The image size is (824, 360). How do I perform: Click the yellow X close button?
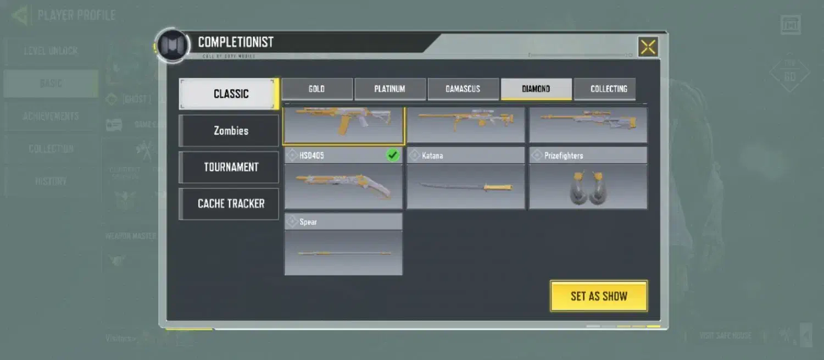click(648, 47)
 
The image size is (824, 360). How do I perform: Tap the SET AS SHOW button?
click(599, 296)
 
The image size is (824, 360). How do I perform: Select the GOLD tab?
click(317, 89)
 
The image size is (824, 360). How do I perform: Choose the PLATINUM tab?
click(390, 89)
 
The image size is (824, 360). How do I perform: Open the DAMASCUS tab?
click(463, 89)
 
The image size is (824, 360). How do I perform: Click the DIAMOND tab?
click(536, 89)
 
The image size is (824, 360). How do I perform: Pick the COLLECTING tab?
click(609, 89)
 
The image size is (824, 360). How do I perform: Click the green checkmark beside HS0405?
click(393, 156)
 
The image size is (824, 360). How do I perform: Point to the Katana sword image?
click(466, 187)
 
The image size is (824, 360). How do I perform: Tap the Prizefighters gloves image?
click(588, 189)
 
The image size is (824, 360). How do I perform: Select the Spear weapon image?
click(343, 253)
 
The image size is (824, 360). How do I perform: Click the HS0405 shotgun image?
click(343, 186)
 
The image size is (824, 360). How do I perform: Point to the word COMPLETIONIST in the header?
click(236, 42)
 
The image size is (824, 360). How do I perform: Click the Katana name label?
click(432, 156)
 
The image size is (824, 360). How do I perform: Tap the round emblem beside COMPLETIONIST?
click(172, 46)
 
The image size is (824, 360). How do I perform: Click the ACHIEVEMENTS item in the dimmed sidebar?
click(51, 117)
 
